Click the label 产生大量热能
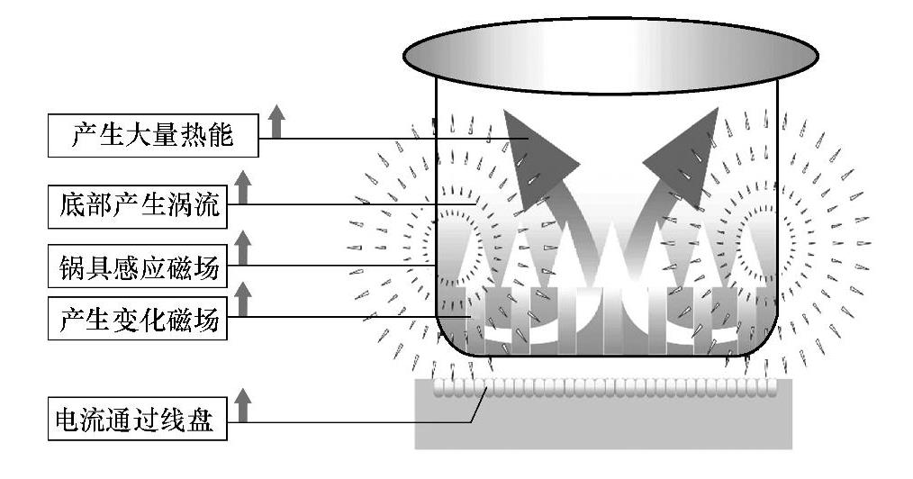pos(152,138)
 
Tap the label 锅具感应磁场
pos(140,266)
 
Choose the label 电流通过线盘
pos(134,420)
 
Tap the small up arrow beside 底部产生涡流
pos(242,183)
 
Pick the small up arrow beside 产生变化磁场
pos(242,298)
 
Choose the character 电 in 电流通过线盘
pos(68,420)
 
